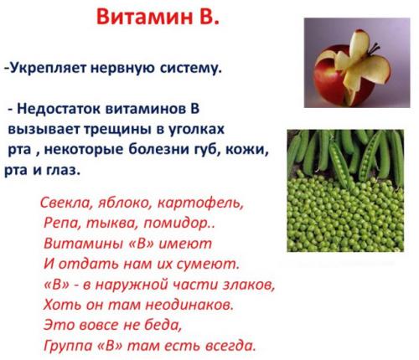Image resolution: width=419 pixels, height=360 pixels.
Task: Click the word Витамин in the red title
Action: pos(136,18)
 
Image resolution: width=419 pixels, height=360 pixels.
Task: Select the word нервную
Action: pos(127,68)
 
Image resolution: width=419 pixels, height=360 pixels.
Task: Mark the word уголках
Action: pos(189,131)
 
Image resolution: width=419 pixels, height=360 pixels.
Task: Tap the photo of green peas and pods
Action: pos(350,189)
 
